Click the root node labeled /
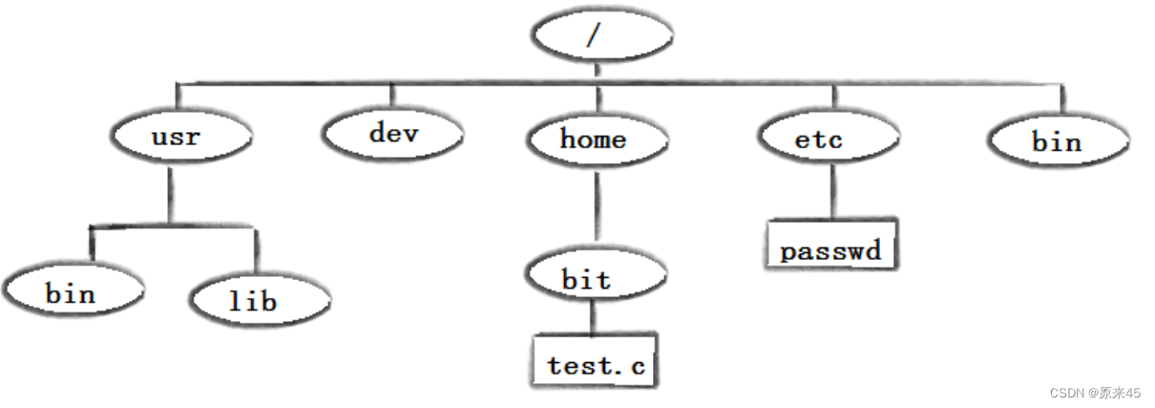pos(602,35)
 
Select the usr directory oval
pos(181,136)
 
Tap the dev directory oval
pos(393,133)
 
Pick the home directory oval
pos(598,140)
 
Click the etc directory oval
pos(829,137)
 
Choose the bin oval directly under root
pos(1059,140)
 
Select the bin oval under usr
pos(73,290)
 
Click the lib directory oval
pos(260,299)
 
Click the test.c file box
pos(595,361)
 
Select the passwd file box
pos(831,245)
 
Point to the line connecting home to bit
pos(598,206)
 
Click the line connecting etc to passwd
pos(833,191)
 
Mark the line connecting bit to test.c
pos(592,317)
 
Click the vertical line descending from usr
pos(170,195)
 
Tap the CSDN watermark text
pos(1095,393)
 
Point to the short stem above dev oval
pos(392,95)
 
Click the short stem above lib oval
pos(256,250)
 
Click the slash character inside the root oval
pos(594,35)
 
